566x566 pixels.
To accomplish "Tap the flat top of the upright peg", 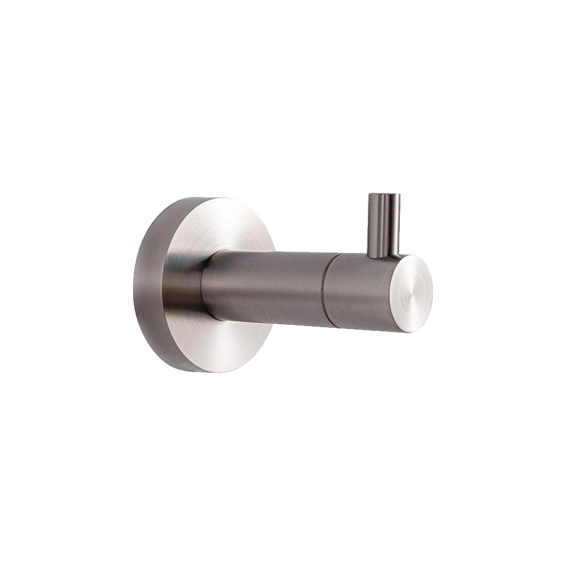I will click(384, 195).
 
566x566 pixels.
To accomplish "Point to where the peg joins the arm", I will click(384, 256).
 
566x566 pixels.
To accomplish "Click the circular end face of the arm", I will click(413, 293).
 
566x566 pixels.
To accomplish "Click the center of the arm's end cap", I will click(413, 293).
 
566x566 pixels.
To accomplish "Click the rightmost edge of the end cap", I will click(432, 293).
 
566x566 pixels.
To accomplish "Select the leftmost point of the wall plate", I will click(134, 284).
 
